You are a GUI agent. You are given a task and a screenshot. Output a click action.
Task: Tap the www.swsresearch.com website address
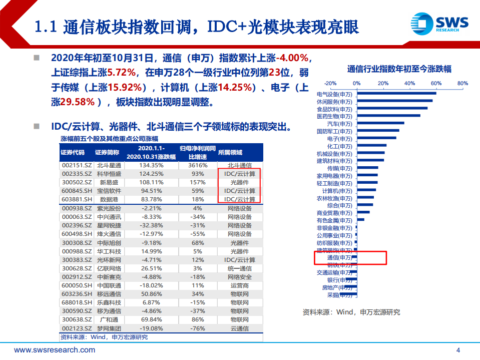55,350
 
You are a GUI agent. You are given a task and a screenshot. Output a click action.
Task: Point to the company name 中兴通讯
109,217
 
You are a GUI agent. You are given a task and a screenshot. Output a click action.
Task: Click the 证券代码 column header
73,152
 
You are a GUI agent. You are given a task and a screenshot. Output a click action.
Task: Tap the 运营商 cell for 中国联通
240,285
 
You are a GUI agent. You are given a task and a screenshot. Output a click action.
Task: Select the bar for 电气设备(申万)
396,93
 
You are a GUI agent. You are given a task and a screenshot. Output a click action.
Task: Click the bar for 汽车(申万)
380,123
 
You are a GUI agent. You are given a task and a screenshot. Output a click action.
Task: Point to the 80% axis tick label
462,83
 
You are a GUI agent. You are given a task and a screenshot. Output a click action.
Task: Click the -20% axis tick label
330,83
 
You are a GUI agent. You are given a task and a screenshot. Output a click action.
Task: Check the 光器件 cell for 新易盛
240,183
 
